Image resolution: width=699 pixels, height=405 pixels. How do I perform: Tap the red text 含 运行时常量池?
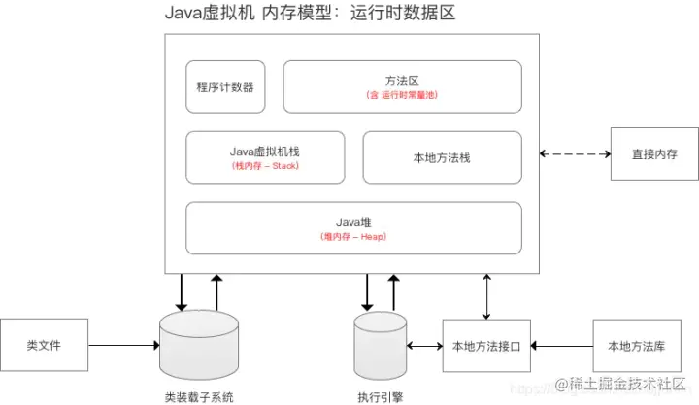(x=402, y=96)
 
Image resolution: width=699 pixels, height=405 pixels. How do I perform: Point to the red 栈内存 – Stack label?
(x=265, y=166)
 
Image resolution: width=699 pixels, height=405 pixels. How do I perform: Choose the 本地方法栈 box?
(x=442, y=157)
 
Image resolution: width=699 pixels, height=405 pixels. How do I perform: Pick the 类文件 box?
(x=44, y=344)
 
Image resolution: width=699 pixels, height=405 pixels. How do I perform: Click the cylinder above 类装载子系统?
(x=198, y=345)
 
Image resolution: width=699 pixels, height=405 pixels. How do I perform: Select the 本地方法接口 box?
(x=487, y=345)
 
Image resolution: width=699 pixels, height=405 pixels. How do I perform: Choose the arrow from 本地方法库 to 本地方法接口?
(x=563, y=345)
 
